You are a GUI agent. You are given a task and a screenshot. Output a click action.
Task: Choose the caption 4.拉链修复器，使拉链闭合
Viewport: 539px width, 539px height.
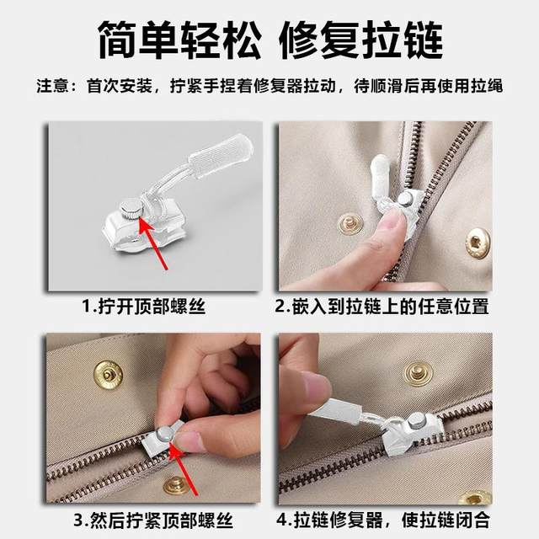[x=383, y=519]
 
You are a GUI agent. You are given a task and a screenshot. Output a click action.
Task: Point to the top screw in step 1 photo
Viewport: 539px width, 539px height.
[x=131, y=205]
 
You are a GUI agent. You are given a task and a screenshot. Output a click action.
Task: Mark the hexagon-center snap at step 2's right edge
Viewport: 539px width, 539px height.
[x=478, y=243]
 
